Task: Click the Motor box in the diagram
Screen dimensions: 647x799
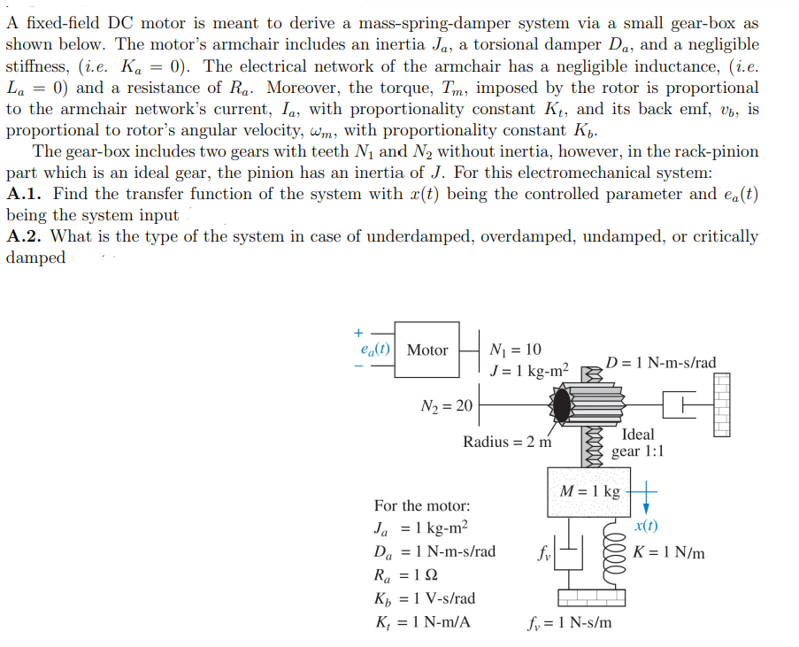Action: point(427,350)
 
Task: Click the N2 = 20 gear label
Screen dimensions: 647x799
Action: point(447,405)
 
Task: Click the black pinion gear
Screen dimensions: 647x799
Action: point(563,405)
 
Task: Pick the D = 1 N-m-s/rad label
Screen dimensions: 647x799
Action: point(661,363)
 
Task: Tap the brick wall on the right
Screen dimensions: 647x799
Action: point(722,404)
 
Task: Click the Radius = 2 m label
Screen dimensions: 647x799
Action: point(508,442)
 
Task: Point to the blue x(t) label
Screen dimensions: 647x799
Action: point(647,526)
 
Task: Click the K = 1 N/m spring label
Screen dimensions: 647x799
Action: point(669,553)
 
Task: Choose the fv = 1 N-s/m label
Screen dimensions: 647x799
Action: point(567,622)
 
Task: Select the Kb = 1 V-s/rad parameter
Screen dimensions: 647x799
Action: point(424,598)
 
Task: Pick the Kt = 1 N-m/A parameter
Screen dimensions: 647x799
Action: point(422,622)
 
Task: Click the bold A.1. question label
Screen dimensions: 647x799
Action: point(26,194)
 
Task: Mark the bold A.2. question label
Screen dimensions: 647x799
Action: point(26,236)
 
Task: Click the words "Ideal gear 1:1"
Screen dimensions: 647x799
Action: point(638,443)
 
